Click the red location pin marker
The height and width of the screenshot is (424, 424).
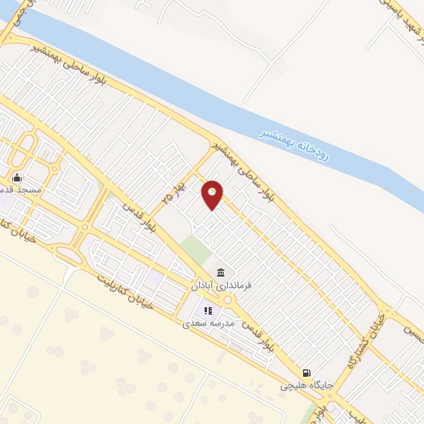(213, 194)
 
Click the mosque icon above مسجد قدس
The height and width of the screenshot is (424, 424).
(17, 177)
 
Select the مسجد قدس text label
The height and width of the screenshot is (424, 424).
(28, 189)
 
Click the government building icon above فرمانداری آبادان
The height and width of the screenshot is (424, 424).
(220, 273)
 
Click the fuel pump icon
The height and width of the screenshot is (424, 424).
(307, 374)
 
